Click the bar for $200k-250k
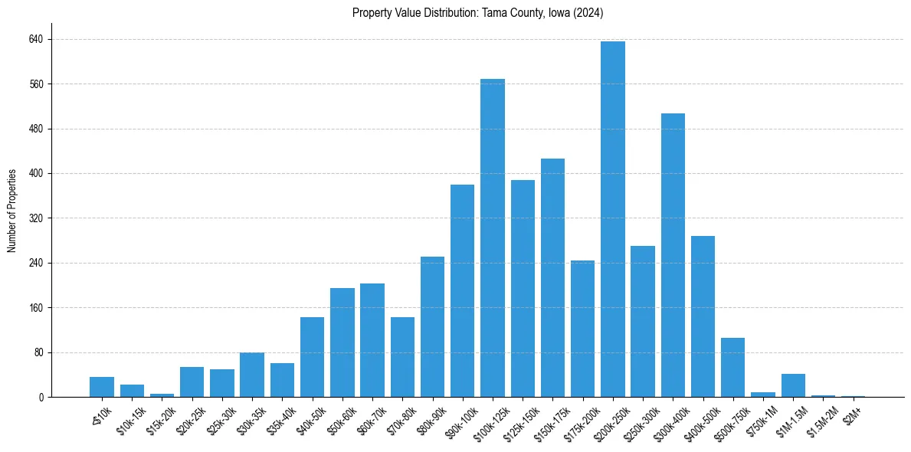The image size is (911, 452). click(613, 219)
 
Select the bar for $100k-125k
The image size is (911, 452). click(493, 238)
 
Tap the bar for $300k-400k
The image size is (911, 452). click(673, 255)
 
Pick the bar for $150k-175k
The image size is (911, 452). click(552, 278)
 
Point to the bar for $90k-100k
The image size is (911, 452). click(462, 291)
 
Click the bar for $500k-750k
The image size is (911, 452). click(732, 368)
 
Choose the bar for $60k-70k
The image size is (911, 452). click(372, 340)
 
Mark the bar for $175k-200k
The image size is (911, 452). click(582, 329)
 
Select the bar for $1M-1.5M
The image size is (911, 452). click(793, 385)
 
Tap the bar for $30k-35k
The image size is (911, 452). click(252, 375)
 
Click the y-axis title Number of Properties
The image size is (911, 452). click(12, 211)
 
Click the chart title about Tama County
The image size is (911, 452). click(478, 13)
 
